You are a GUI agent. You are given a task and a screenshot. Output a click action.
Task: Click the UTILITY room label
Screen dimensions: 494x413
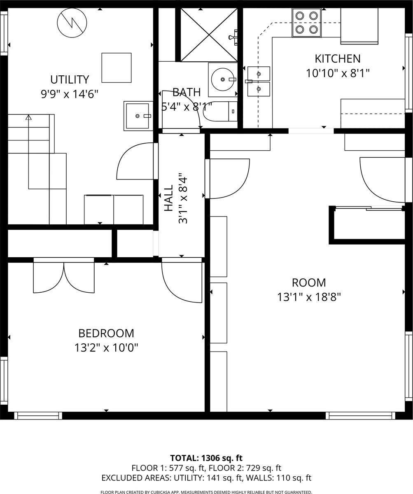[x=69, y=79]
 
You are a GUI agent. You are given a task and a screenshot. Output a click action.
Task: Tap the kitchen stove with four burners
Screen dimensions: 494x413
[x=307, y=23]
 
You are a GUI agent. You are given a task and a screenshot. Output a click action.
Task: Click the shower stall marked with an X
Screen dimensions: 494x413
[x=209, y=35]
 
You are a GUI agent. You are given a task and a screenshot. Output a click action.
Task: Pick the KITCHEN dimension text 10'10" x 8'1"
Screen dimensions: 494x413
[x=338, y=73]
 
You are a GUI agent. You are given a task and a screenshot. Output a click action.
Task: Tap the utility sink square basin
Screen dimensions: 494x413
[x=137, y=116]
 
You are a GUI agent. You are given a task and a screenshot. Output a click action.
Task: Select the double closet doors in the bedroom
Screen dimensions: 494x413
[x=64, y=277]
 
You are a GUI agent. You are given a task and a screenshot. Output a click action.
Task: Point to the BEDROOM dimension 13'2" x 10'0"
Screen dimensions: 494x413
[x=106, y=348]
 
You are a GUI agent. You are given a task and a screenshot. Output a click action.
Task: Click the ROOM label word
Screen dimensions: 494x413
[x=309, y=283]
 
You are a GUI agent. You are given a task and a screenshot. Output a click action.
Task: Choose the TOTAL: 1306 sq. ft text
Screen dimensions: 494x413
[x=206, y=458]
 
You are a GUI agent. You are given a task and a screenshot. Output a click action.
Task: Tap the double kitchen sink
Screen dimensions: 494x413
[x=259, y=82]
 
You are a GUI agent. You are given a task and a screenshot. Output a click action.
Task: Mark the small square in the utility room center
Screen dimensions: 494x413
[x=117, y=68]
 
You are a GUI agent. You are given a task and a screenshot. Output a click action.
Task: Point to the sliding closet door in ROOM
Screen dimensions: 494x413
[x=369, y=208]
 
